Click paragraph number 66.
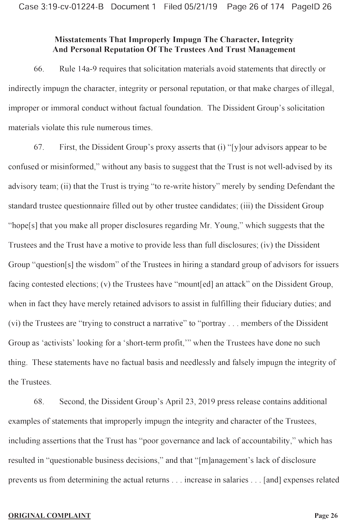point(39,69)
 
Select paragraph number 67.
point(39,147)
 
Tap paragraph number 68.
point(39,401)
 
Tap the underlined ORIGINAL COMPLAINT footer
point(49,516)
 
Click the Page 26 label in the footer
point(326,516)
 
